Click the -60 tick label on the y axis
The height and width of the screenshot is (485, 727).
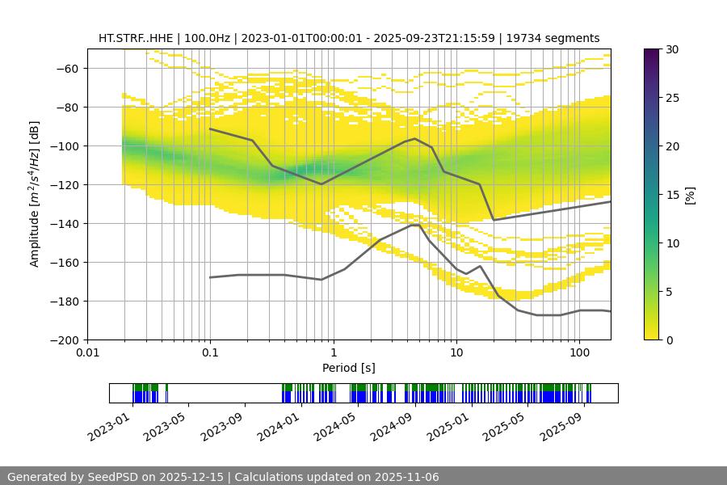66,69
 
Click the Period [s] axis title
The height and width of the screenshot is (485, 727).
349,369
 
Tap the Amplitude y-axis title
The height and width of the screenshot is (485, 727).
35,194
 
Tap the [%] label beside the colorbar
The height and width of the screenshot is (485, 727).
689,194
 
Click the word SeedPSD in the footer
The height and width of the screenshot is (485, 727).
116,477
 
